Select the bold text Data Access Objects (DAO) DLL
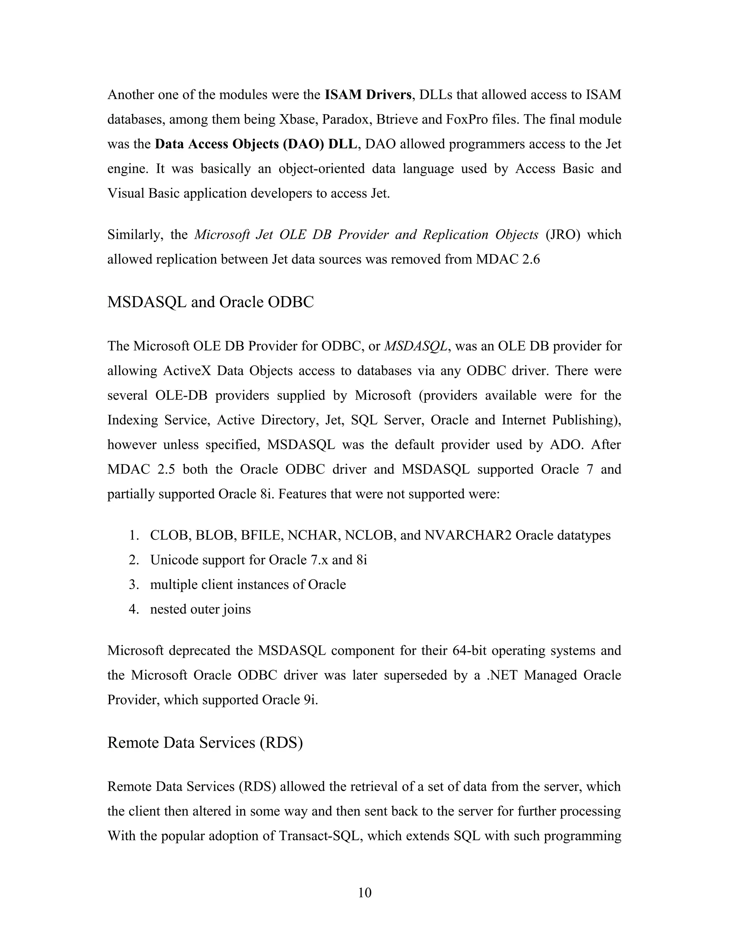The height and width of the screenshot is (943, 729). click(x=256, y=144)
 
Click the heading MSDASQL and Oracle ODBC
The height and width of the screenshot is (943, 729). click(x=210, y=302)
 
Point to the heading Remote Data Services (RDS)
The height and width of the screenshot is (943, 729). click(x=205, y=742)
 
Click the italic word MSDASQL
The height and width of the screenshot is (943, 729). click(x=415, y=346)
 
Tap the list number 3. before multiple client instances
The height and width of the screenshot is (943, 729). click(x=133, y=585)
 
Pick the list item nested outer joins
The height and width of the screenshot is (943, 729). click(x=200, y=609)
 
